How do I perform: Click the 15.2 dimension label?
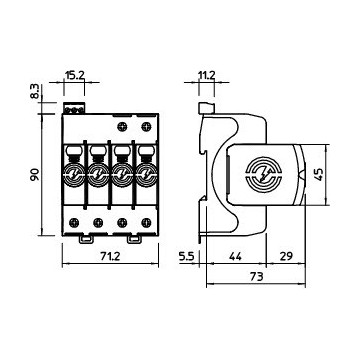pyautogui.click(x=75, y=74)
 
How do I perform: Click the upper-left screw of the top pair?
pyautogui.click(x=122, y=127)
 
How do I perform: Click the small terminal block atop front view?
pyautogui.click(x=75, y=104)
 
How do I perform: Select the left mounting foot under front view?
pyautogui.click(x=87, y=238)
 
